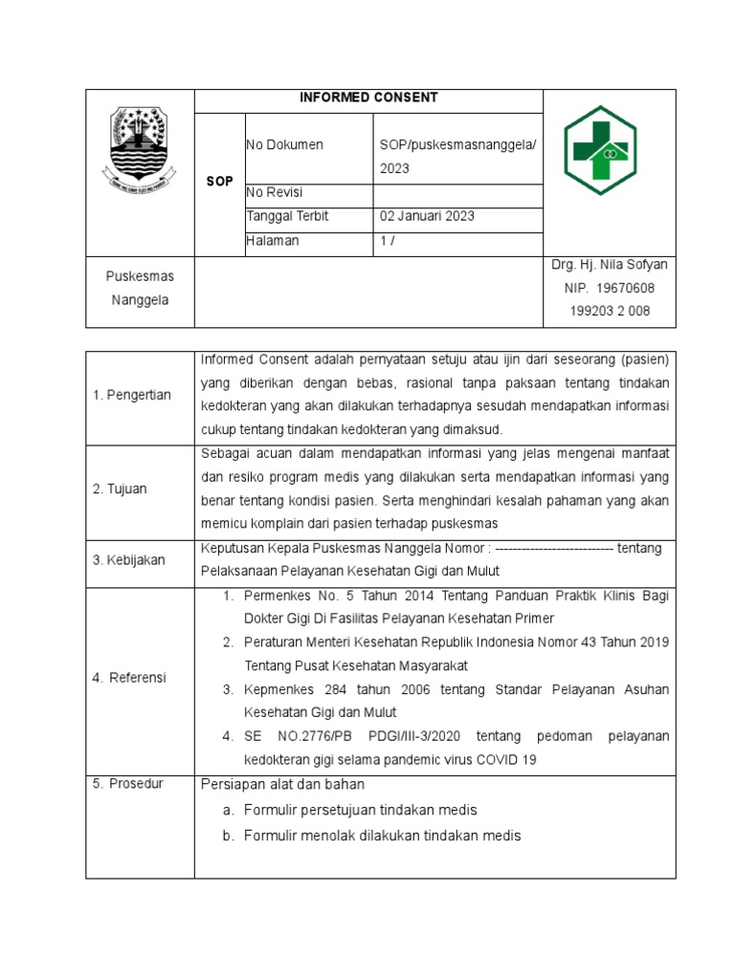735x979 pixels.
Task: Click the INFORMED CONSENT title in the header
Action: click(368, 98)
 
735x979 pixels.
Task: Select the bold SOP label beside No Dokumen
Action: click(219, 181)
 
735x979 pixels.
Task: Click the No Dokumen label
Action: click(284, 144)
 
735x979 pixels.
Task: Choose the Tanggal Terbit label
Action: click(287, 216)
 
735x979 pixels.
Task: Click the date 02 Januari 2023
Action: click(427, 216)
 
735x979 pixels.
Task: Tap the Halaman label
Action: click(273, 241)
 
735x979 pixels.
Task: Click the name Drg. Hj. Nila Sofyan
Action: click(610, 264)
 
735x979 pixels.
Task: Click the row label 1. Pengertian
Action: click(132, 395)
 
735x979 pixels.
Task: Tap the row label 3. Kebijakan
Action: click(129, 559)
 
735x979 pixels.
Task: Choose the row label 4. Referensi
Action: click(129, 677)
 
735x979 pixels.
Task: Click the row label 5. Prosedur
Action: click(128, 784)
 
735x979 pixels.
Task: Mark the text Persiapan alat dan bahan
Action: click(282, 784)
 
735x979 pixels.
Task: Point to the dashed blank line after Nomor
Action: click(555, 549)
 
